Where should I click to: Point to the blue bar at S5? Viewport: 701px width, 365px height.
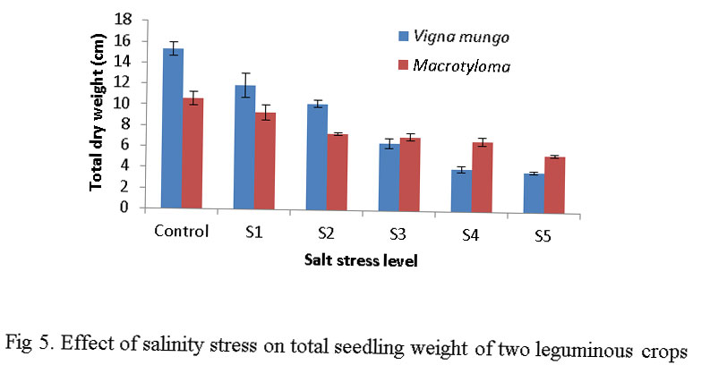[x=534, y=191]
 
